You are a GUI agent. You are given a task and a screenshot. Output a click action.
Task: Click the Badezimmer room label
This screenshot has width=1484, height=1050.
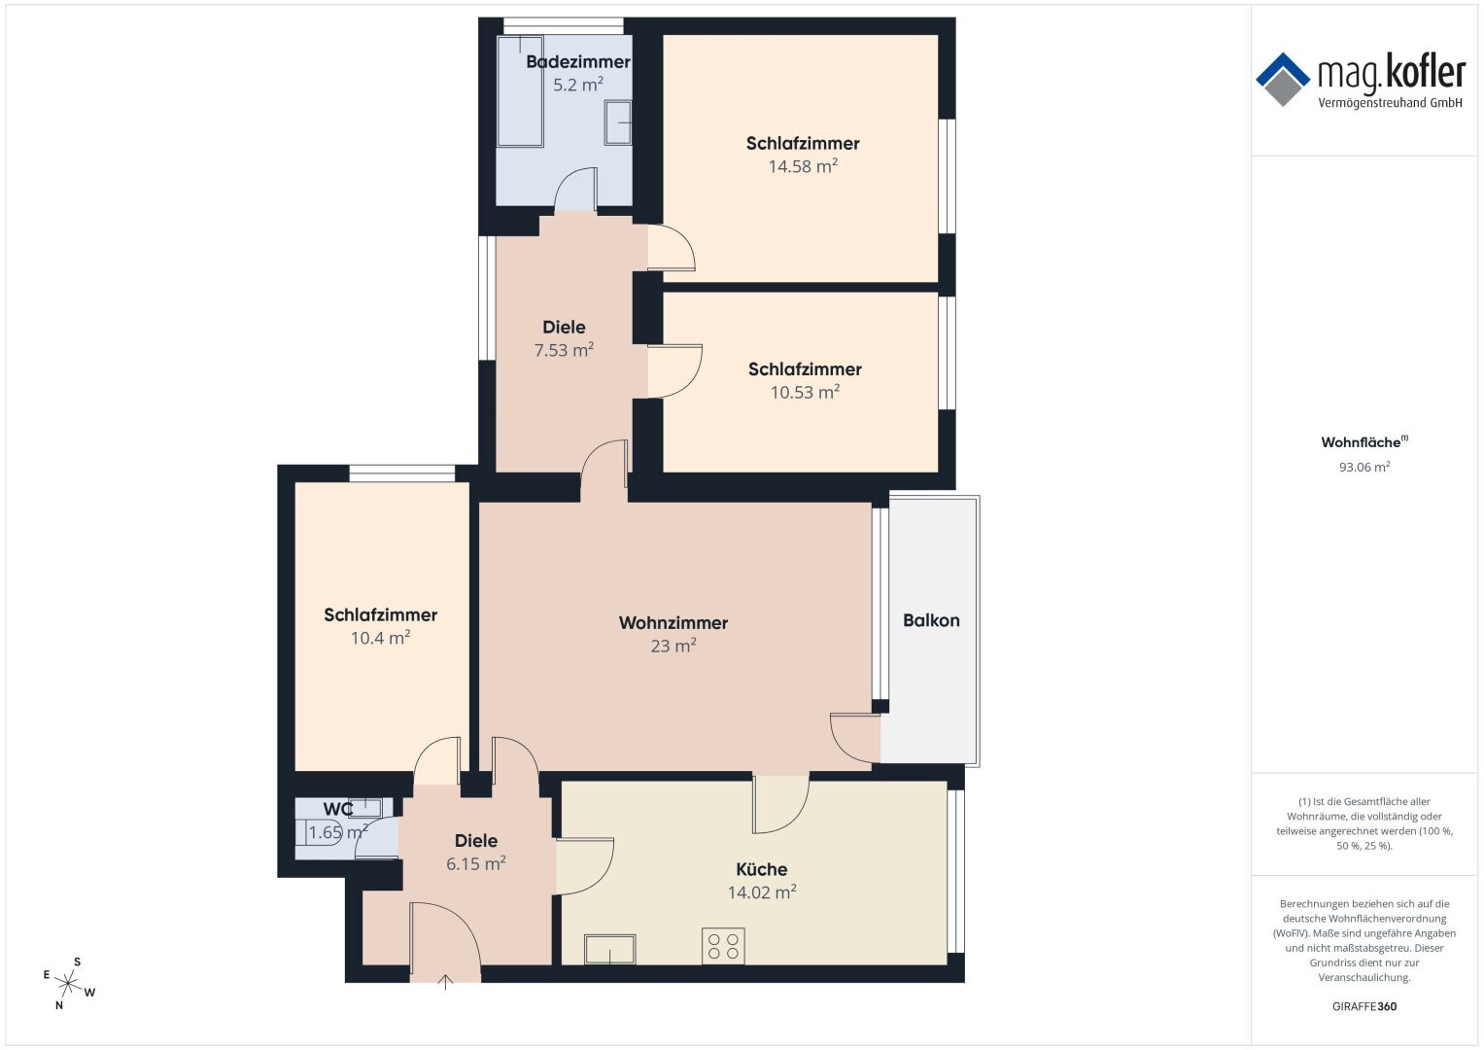click(577, 61)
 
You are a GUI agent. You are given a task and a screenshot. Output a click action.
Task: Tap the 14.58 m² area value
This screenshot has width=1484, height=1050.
click(803, 165)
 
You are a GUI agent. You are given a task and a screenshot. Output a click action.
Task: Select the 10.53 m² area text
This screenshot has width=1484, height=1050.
click(805, 392)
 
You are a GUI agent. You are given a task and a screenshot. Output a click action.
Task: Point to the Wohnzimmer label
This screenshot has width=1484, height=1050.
click(673, 623)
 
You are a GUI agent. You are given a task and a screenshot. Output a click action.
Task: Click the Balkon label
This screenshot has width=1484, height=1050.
click(931, 620)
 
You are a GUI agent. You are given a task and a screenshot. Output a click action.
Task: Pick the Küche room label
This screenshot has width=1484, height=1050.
click(762, 869)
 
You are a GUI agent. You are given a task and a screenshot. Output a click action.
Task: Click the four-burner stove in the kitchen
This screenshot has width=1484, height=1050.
click(723, 946)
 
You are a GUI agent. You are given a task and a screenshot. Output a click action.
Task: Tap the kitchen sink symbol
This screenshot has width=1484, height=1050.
click(609, 949)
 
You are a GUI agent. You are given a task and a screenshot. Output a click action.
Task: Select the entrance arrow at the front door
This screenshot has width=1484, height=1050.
click(445, 982)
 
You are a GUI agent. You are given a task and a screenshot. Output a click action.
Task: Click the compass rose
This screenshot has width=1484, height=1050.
click(68, 984)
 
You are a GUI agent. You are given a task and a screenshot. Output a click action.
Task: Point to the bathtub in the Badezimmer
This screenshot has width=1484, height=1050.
click(520, 90)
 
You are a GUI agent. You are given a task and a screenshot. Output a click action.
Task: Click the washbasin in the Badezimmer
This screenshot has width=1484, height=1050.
click(617, 122)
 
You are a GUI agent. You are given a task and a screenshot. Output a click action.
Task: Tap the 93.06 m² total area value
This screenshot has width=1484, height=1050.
click(1364, 467)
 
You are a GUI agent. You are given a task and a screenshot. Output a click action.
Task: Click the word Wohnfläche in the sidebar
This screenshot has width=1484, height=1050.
click(1361, 442)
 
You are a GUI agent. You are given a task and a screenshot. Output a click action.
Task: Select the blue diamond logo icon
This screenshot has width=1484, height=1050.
click(1283, 80)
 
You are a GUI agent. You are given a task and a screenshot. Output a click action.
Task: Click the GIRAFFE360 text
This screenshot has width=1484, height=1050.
click(1364, 1006)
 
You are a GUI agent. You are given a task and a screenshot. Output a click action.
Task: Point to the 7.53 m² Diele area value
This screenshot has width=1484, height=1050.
click(564, 349)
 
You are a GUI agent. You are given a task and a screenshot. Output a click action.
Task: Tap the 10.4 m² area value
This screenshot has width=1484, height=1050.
click(380, 638)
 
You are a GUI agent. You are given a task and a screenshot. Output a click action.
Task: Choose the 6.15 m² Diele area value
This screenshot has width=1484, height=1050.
click(475, 863)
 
